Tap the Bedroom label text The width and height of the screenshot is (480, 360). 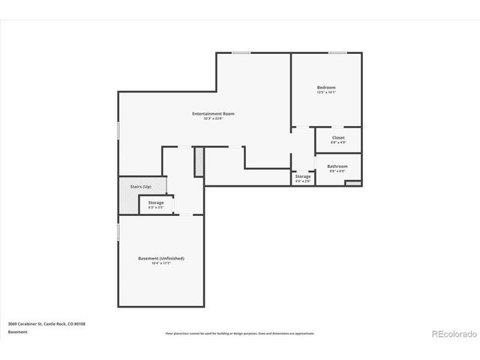click(x=326, y=88)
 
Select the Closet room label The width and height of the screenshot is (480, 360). click(x=338, y=137)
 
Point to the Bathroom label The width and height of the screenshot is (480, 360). click(x=337, y=166)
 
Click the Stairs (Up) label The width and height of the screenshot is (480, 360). click(x=141, y=186)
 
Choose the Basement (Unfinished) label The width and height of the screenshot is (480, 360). click(x=160, y=258)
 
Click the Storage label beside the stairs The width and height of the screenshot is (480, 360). click(x=155, y=202)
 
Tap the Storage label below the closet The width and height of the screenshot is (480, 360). click(x=303, y=176)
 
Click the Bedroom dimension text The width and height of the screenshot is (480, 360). click(x=326, y=93)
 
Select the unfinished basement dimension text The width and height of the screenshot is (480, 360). click(x=160, y=263)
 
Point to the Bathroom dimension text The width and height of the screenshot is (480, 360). click(x=337, y=171)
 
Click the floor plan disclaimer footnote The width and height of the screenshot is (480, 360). click(x=240, y=333)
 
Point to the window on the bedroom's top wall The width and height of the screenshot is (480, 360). click(x=337, y=52)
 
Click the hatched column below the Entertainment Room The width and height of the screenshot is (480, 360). click(x=199, y=162)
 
